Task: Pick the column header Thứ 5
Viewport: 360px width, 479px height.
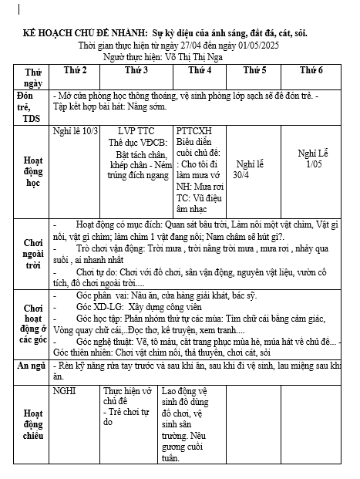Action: (x=254, y=70)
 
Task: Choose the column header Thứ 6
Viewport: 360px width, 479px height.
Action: (x=311, y=70)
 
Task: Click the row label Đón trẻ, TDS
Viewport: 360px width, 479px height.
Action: (x=32, y=106)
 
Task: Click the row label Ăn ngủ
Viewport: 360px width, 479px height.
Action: (x=32, y=365)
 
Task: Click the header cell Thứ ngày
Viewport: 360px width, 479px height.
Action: (x=32, y=76)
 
